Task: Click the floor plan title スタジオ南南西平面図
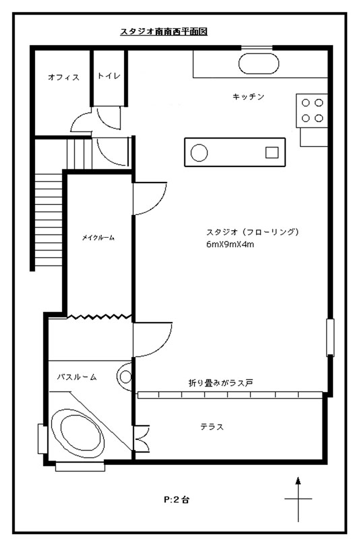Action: [x=164, y=32]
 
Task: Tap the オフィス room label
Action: [x=64, y=77]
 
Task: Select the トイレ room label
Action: [x=109, y=75]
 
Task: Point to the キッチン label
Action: [x=248, y=96]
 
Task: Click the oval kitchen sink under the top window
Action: [x=259, y=63]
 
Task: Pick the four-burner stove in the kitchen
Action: [x=312, y=110]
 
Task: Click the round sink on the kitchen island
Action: [x=199, y=152]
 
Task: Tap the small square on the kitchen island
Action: [x=272, y=152]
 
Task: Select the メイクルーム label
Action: [x=98, y=238]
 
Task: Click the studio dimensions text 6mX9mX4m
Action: [x=230, y=245]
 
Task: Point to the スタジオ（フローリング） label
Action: [x=252, y=232]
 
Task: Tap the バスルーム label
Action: [x=77, y=377]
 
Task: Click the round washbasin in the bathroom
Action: [x=125, y=377]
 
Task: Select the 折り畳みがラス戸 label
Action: [x=220, y=383]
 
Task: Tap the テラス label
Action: [x=212, y=426]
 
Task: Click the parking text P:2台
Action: [x=177, y=500]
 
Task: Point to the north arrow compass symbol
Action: [x=298, y=499]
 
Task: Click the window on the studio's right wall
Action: [x=330, y=337]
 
